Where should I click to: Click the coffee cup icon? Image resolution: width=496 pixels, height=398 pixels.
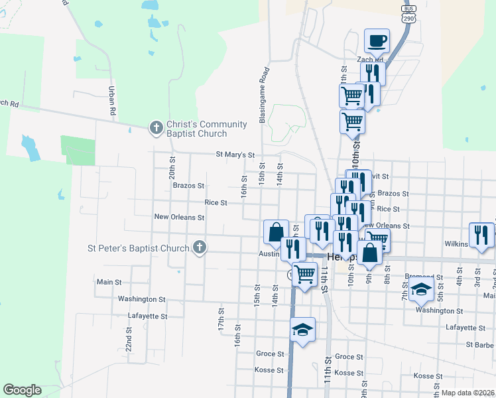coord(377,41)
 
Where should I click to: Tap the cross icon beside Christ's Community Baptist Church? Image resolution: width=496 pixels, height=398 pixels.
coord(156,127)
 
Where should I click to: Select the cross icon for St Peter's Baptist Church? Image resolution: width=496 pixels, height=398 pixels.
coord(199,249)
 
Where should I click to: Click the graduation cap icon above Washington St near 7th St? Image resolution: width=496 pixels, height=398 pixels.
coord(421,289)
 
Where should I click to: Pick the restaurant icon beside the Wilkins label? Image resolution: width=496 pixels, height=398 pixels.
coord(481,234)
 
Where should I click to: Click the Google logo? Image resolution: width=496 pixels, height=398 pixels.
coord(22,390)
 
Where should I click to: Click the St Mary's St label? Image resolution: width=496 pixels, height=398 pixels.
coord(235,155)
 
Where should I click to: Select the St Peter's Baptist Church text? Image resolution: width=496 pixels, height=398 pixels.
coord(139,249)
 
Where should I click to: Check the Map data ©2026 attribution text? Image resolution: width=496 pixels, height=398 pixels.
coord(467,393)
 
